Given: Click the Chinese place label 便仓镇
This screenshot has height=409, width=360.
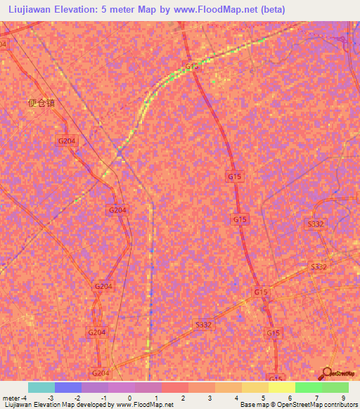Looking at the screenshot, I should (x=41, y=103).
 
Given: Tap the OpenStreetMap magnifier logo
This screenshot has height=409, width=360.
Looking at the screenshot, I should (x=327, y=375).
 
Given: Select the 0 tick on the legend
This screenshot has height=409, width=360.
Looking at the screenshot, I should (x=130, y=398).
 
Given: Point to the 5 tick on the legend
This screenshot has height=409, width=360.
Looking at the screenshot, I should (x=263, y=398).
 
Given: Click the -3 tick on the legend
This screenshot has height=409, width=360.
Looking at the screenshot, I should (x=49, y=398).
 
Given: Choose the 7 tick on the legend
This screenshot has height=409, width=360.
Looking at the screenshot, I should (x=316, y=398).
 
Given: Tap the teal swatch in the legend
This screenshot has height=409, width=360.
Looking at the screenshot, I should (x=41, y=387).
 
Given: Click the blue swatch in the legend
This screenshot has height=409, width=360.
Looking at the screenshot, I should (x=68, y=387).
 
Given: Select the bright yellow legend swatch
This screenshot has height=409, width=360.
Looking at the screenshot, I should (x=281, y=387).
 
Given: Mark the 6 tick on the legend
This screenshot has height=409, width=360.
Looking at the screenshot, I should (x=290, y=398).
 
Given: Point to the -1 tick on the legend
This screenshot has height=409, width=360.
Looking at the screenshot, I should (x=103, y=398).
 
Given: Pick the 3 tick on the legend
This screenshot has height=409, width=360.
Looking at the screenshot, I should (x=210, y=398).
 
